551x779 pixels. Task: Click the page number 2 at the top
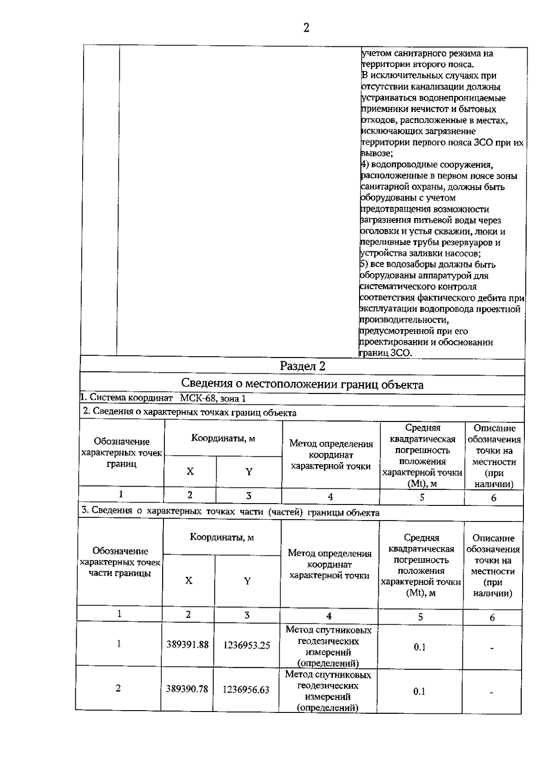306,28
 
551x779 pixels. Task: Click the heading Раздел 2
303,366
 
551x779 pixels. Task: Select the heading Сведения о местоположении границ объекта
302,384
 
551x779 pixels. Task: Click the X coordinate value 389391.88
187,645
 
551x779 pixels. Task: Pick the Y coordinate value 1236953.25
247,645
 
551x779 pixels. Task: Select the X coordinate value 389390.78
187,689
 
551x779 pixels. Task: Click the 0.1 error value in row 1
419,647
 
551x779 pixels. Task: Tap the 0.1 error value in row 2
419,692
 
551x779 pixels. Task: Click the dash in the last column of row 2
491,693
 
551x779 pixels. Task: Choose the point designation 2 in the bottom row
118,688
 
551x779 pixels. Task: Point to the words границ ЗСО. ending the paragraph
385,353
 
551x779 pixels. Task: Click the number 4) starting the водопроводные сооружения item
365,165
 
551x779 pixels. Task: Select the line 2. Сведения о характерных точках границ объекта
189,412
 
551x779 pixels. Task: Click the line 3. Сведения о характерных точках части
230,512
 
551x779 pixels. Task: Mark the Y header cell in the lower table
247,581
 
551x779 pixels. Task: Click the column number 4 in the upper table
330,497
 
